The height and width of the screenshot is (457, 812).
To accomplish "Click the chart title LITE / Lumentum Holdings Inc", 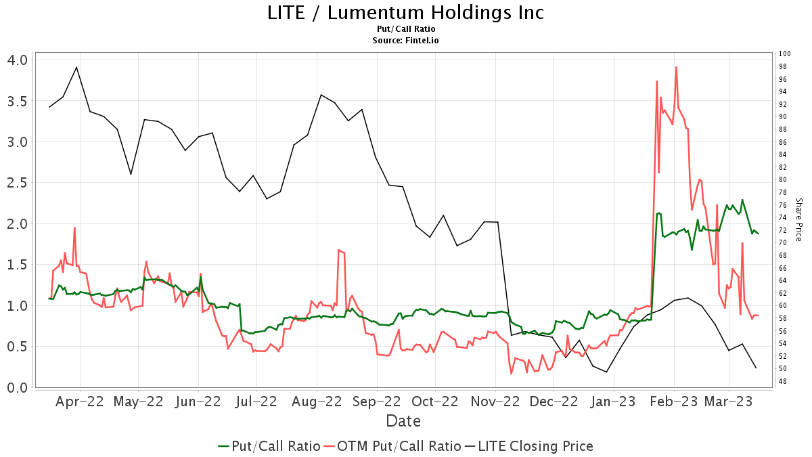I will point(405,12).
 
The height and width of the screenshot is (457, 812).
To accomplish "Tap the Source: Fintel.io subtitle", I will point(405,41).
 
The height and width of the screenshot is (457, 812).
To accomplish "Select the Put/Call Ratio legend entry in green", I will point(269,446).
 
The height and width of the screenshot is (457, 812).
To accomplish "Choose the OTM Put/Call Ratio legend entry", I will point(392,446).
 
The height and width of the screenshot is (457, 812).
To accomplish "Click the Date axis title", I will point(403,421).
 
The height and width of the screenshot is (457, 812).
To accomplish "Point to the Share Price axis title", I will point(798,219).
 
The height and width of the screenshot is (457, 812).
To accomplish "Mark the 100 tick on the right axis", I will point(784,54).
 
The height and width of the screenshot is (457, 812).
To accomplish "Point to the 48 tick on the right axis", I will point(782,382).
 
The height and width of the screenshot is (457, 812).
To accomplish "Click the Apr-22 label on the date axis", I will point(80,401).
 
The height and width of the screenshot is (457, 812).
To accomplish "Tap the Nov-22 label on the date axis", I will point(495,401).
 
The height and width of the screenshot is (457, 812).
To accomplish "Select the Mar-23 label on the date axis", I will point(728,401).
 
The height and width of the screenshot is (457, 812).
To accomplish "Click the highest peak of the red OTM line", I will point(676,67).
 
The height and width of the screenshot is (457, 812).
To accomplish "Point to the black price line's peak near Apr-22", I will point(76,67).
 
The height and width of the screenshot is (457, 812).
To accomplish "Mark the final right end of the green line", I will point(758,234).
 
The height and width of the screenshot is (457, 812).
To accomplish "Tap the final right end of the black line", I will point(756,368).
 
